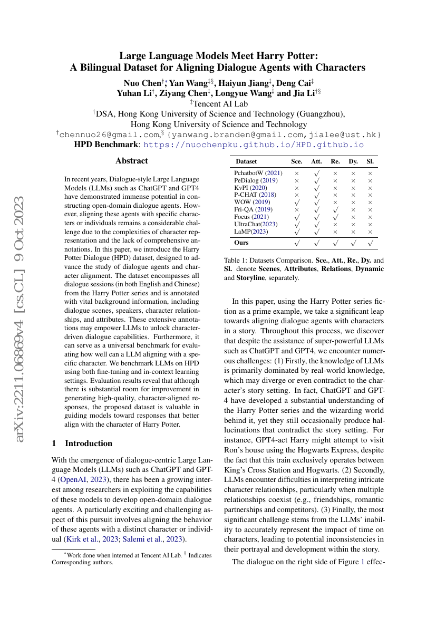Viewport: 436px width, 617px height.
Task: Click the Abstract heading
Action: (x=132, y=161)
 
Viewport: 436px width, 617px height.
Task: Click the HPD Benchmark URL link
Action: (x=254, y=144)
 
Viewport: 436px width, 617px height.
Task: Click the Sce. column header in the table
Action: (x=297, y=161)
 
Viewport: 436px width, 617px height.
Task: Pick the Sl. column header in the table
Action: (x=370, y=161)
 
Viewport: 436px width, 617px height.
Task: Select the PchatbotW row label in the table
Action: (x=258, y=173)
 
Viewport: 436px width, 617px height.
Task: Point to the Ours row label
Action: (x=242, y=243)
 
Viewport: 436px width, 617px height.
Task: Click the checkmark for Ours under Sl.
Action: (x=370, y=243)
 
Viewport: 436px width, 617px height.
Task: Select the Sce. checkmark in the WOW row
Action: (x=297, y=202)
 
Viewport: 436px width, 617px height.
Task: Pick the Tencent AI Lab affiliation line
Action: (x=219, y=104)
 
